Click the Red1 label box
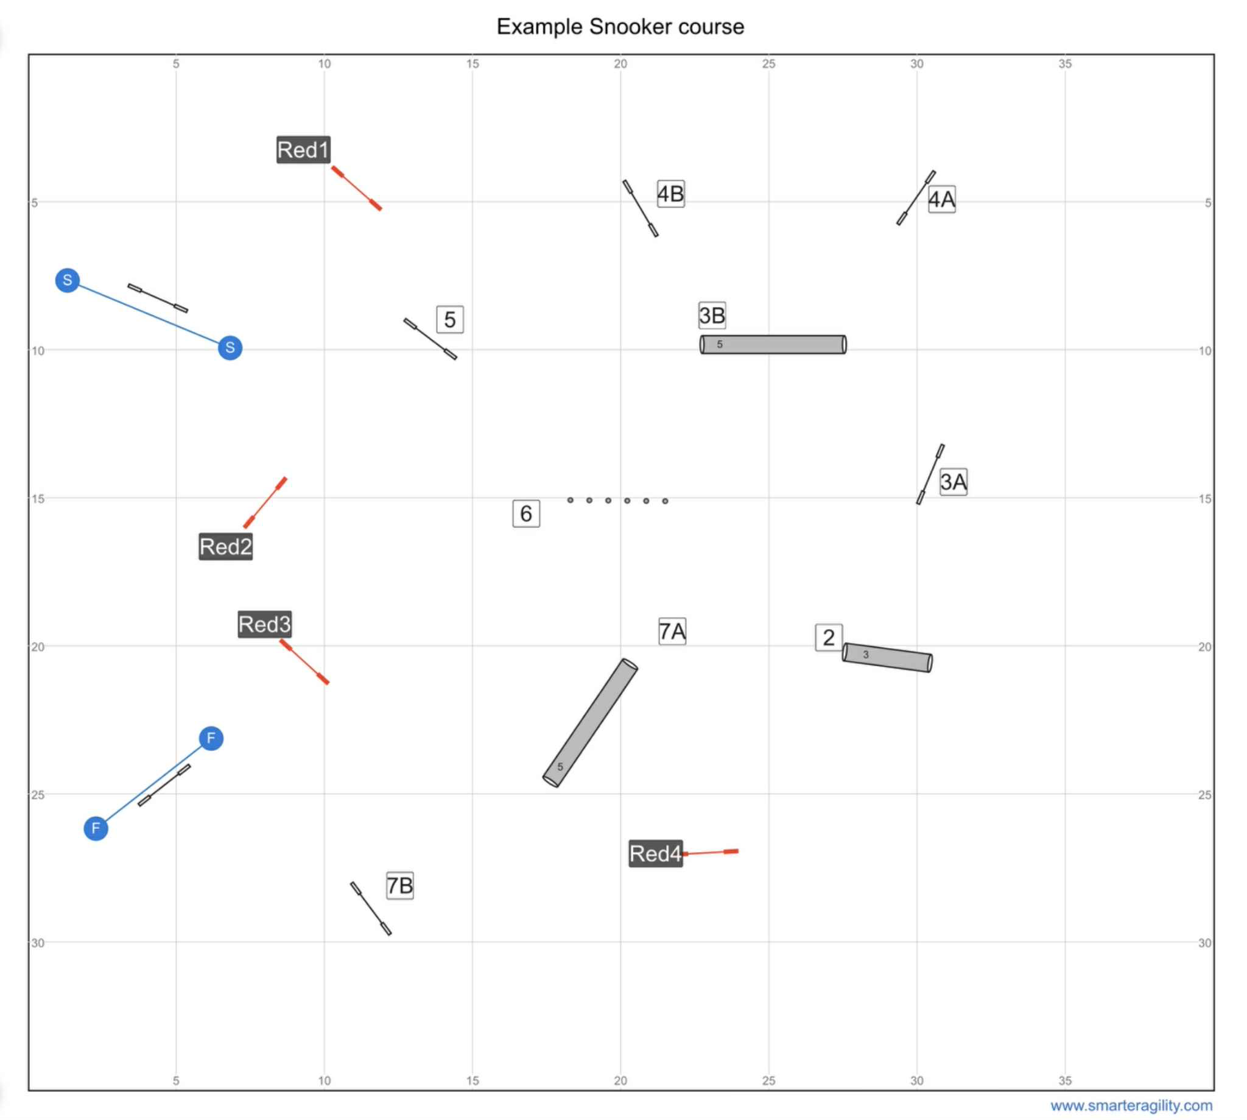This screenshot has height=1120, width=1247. pos(303,150)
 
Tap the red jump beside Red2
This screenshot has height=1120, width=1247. pos(265,503)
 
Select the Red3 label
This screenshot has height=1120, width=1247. pos(264,624)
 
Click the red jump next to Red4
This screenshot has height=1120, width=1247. pos(710,853)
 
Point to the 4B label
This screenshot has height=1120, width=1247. pos(670,194)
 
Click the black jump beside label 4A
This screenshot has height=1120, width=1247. pos(916,197)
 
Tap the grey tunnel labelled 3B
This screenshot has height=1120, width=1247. pos(773,345)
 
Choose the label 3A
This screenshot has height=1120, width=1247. pos(953,481)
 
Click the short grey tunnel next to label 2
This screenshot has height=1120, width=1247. pos(887,657)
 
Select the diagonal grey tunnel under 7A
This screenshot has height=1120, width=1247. pos(590,723)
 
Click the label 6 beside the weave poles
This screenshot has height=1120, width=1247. pos(526,513)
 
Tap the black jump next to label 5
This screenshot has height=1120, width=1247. pos(430,339)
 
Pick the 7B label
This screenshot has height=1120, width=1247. pos(400,886)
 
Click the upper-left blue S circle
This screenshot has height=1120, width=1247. pos(68,281)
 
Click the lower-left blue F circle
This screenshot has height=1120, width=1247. pos(96,828)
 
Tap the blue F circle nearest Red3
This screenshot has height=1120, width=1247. pos(211,739)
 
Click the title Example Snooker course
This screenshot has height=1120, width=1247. pos(620,27)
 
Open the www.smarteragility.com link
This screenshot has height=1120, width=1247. pos(1131,1106)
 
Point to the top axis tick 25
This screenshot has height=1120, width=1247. pos(768,64)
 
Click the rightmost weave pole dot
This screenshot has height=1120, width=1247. pos(665,501)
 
